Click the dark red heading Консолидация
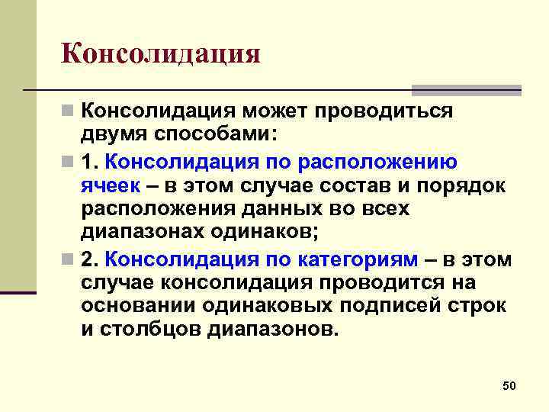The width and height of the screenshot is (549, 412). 161,54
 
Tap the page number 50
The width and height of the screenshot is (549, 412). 509,387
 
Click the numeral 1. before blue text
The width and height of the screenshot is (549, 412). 91,162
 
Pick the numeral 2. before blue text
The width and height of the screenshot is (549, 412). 91,259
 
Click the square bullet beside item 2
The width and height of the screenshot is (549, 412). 69,260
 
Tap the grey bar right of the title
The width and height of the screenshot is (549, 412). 466,89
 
